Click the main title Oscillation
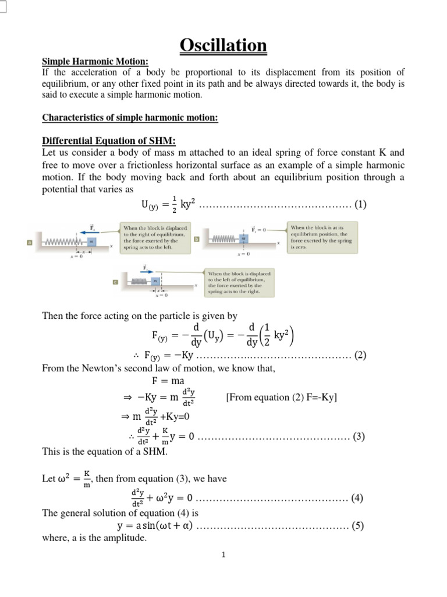(223, 45)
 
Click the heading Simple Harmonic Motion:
(95, 62)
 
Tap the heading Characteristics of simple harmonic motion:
(130, 118)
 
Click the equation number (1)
(360, 205)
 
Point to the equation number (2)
(360, 355)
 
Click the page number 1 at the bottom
(223, 555)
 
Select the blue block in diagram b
(244, 238)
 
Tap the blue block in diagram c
(155, 281)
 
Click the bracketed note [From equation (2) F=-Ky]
(281, 397)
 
